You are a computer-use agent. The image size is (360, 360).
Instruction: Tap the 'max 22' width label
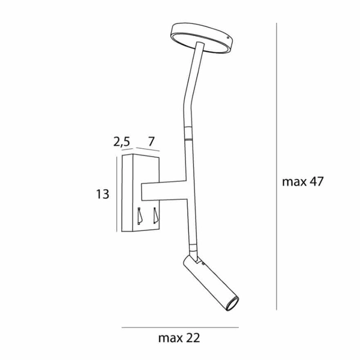click(179, 338)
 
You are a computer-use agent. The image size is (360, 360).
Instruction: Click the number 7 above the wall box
click(151, 142)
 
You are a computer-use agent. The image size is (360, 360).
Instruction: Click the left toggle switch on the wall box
click(140, 215)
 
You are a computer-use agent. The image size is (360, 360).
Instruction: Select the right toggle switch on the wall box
click(154, 215)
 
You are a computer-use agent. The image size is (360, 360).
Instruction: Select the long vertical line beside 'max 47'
click(276, 168)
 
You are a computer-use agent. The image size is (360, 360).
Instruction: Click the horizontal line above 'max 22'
click(179, 328)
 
